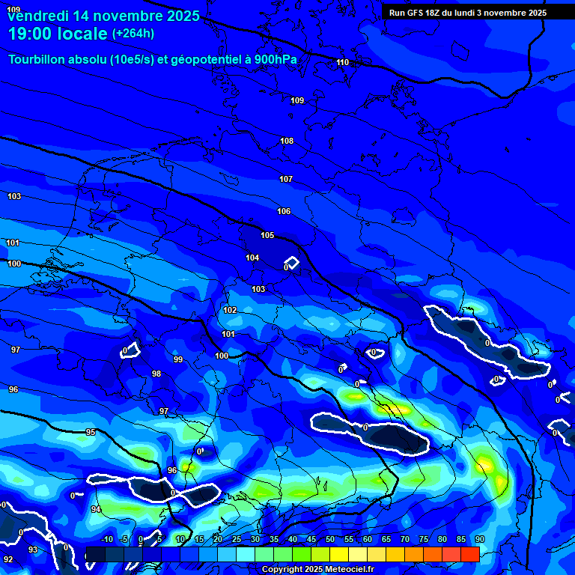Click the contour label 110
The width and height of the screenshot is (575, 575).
coord(343,62)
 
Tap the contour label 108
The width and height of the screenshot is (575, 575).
coord(287,141)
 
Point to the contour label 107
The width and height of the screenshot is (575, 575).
coord(285,179)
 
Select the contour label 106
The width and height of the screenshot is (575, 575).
coord(284,212)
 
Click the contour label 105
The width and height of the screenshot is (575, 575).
coord(267,235)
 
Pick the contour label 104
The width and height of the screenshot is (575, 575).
coord(252,258)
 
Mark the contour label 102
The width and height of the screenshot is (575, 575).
coord(230,310)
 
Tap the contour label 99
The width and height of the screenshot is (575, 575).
coord(178,359)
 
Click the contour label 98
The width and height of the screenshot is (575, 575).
coord(156,374)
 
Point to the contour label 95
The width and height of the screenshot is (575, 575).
coord(91,432)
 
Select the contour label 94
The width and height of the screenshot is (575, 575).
coord(96,509)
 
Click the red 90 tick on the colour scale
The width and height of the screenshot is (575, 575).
coord(479,539)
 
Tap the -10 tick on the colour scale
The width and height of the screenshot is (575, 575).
coord(106,539)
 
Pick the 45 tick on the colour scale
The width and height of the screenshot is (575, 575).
coord(311,539)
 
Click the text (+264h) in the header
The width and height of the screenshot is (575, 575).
coord(133,34)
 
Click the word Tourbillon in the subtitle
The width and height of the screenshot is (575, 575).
coord(38,60)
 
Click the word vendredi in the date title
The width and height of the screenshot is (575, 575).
coord(34,15)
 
